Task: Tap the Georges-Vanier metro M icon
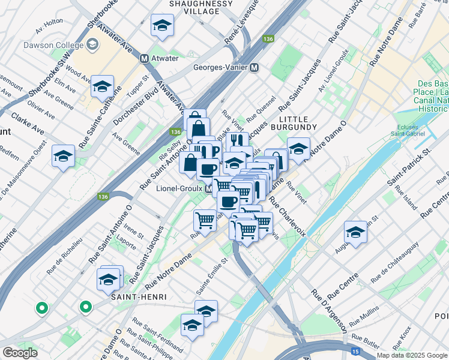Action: coord(255,67)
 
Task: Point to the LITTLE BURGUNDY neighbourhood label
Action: coord(293,122)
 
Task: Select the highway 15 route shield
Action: coord(355,350)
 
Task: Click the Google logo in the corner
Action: coord(20,353)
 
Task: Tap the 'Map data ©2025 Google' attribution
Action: coord(412,355)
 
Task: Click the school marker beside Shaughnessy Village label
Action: coord(161,25)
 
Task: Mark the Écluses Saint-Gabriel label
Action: coord(416,130)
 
